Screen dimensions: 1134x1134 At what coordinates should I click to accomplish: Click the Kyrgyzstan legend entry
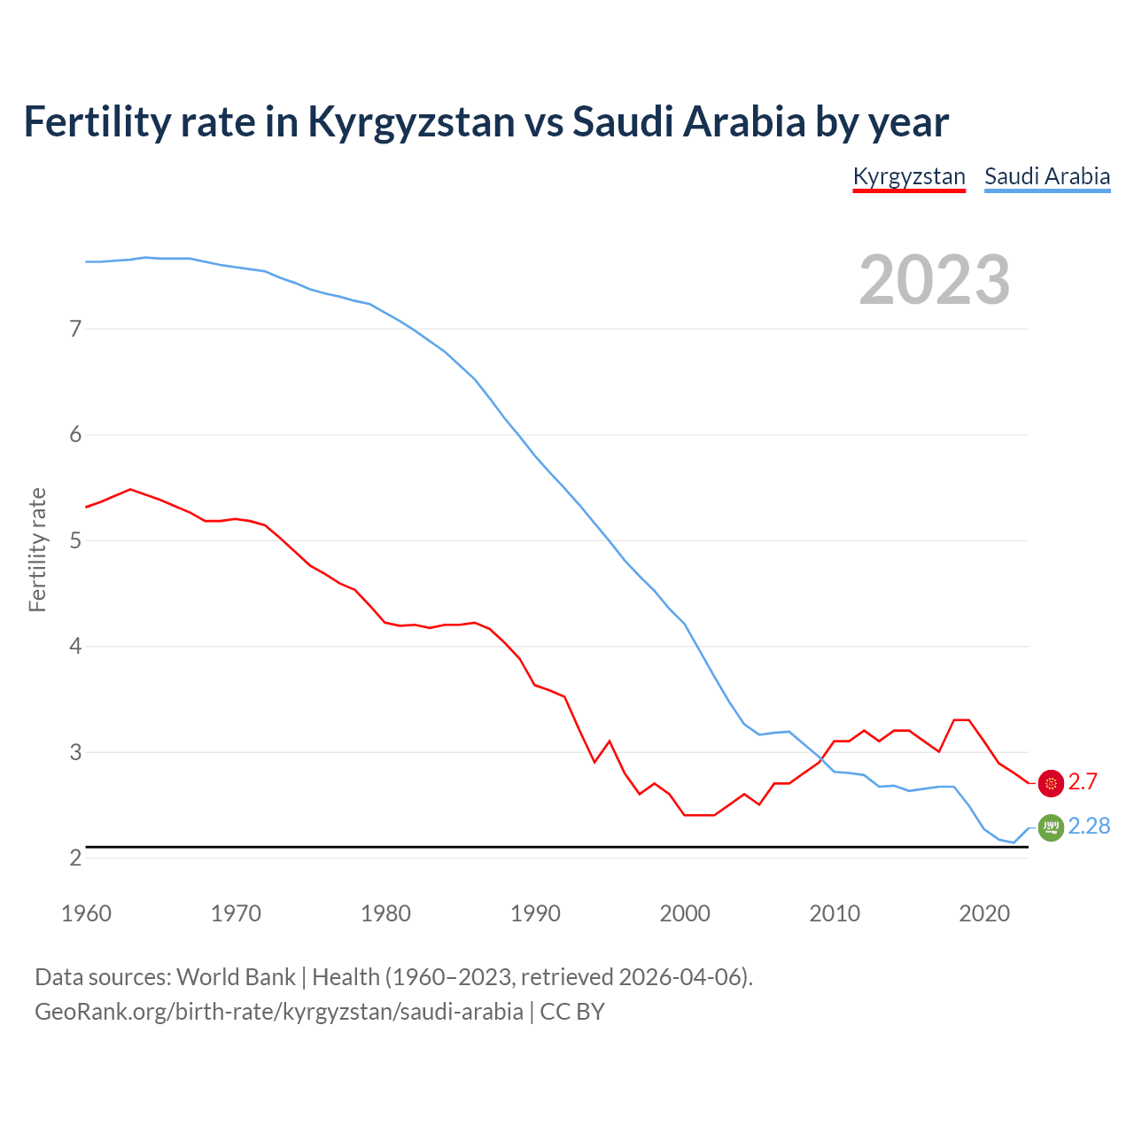[909, 176]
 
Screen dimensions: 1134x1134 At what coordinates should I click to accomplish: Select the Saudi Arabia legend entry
[1047, 176]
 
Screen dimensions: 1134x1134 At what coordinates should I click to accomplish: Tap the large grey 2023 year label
[935, 280]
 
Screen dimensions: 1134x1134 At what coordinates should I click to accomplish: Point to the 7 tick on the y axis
[75, 329]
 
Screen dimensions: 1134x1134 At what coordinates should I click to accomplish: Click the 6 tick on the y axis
[75, 434]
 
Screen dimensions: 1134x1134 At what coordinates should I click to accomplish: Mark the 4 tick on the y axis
[75, 646]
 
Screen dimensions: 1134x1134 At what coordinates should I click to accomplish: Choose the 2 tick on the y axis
[75, 858]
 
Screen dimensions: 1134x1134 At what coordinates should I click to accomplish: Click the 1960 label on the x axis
[86, 913]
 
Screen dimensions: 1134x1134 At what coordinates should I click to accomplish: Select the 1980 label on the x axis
[385, 913]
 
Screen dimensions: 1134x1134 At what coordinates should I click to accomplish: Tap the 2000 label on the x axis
[685, 913]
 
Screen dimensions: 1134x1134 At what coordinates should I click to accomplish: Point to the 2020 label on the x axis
[984, 913]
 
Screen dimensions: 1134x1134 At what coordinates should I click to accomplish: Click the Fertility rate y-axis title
[37, 549]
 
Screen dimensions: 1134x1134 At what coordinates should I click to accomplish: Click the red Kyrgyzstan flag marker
[1051, 783]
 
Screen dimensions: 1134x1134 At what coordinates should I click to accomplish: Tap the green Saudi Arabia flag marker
[1051, 827]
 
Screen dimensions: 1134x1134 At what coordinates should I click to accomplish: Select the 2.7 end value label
[1083, 782]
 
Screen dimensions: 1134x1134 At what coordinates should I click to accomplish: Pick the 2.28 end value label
[1089, 827]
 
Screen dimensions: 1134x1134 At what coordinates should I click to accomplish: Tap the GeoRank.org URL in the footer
[279, 1012]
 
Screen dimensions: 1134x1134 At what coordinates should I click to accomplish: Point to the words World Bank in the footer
[236, 977]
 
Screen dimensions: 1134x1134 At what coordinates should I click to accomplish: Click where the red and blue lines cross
[821, 759]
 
